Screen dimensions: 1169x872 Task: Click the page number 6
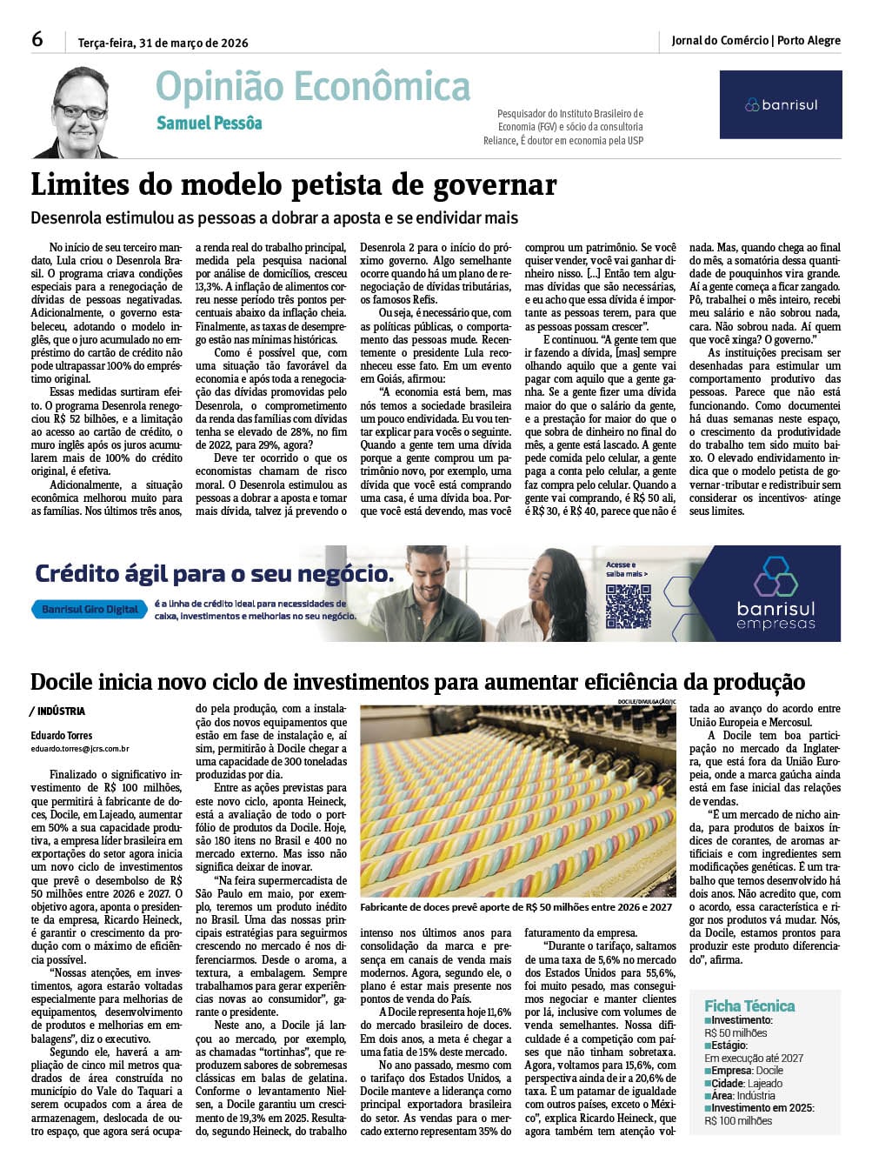[x=37, y=39]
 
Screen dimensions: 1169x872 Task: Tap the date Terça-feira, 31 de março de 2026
[x=163, y=43]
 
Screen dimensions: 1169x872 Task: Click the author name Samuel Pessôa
[x=209, y=124]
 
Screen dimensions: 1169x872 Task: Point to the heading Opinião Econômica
[x=313, y=87]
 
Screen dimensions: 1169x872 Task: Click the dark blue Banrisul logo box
[x=780, y=104]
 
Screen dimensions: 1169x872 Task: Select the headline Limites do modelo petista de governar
[x=293, y=185]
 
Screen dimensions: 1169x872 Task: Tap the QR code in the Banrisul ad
[x=628, y=606]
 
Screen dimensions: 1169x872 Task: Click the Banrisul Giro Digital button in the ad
[x=90, y=609]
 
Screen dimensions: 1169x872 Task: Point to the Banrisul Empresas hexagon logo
[x=775, y=578]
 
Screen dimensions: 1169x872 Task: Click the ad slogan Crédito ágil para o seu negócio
[x=214, y=574]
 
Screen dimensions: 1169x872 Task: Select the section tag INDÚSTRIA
[x=61, y=711]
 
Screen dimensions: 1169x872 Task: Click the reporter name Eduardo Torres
[x=62, y=735]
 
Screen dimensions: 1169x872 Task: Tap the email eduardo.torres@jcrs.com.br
[x=80, y=748]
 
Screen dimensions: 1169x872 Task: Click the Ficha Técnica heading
[x=749, y=1005]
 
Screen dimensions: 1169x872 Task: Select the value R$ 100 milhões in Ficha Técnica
[x=738, y=1120]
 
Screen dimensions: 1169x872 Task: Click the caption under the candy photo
[x=516, y=906]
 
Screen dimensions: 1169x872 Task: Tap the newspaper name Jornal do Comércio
[x=720, y=40]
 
